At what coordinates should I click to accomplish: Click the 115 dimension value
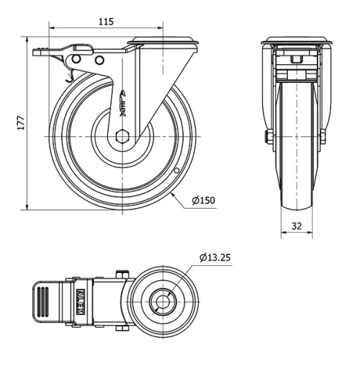[106, 22]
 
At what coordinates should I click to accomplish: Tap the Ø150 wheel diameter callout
[204, 200]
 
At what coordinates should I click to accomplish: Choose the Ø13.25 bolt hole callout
[215, 257]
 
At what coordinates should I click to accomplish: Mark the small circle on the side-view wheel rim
[176, 171]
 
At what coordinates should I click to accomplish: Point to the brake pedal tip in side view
[37, 51]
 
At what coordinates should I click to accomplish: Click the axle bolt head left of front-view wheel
[269, 136]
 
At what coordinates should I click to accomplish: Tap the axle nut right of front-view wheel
[323, 136]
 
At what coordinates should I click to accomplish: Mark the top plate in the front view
[296, 40]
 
